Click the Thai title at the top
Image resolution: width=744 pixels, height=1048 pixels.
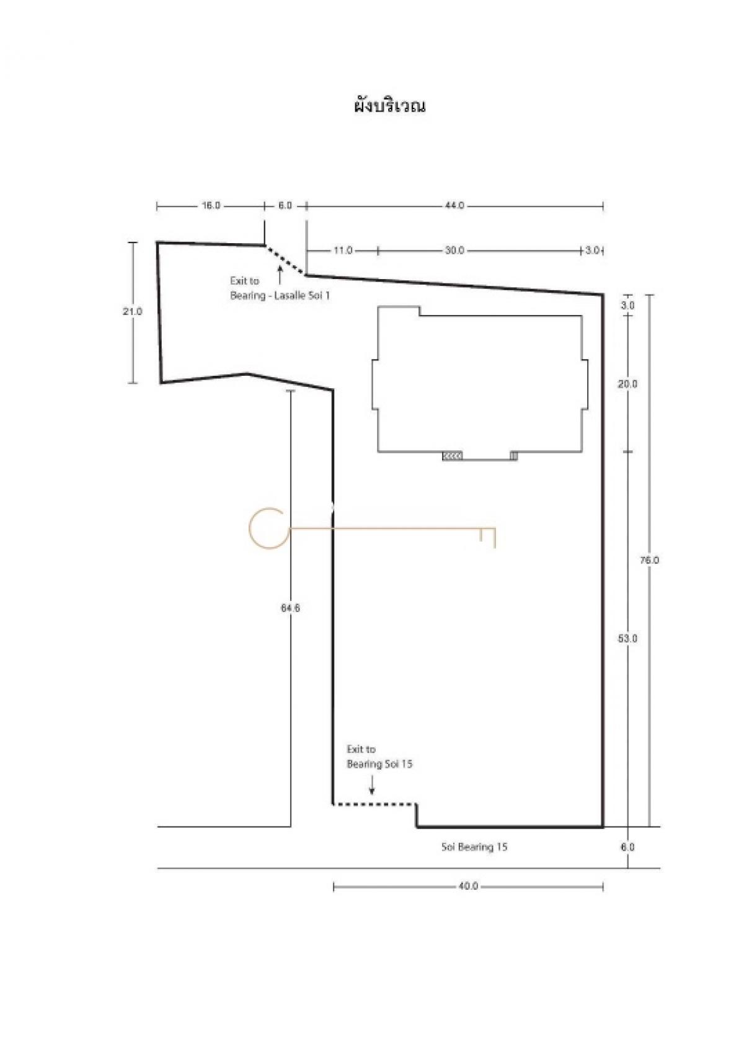tap(389, 105)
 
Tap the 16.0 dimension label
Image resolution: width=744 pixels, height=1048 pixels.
tap(211, 205)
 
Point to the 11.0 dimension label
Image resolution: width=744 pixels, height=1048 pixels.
tap(343, 251)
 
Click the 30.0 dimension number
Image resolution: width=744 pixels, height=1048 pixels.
tap(454, 251)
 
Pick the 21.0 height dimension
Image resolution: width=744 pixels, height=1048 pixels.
tap(132, 311)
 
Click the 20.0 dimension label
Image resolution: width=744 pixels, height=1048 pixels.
tap(627, 384)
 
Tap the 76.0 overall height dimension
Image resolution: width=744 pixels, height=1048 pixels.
tap(650, 560)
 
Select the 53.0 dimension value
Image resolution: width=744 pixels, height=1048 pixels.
tap(627, 639)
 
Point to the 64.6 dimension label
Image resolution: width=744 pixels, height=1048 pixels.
tap(290, 608)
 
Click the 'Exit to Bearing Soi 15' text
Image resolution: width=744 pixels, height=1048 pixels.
tap(379, 757)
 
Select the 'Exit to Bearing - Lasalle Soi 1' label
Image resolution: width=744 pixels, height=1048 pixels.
tap(280, 288)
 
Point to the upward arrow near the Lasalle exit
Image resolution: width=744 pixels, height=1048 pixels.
tap(280, 275)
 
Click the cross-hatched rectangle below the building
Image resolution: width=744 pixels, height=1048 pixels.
tap(452, 456)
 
